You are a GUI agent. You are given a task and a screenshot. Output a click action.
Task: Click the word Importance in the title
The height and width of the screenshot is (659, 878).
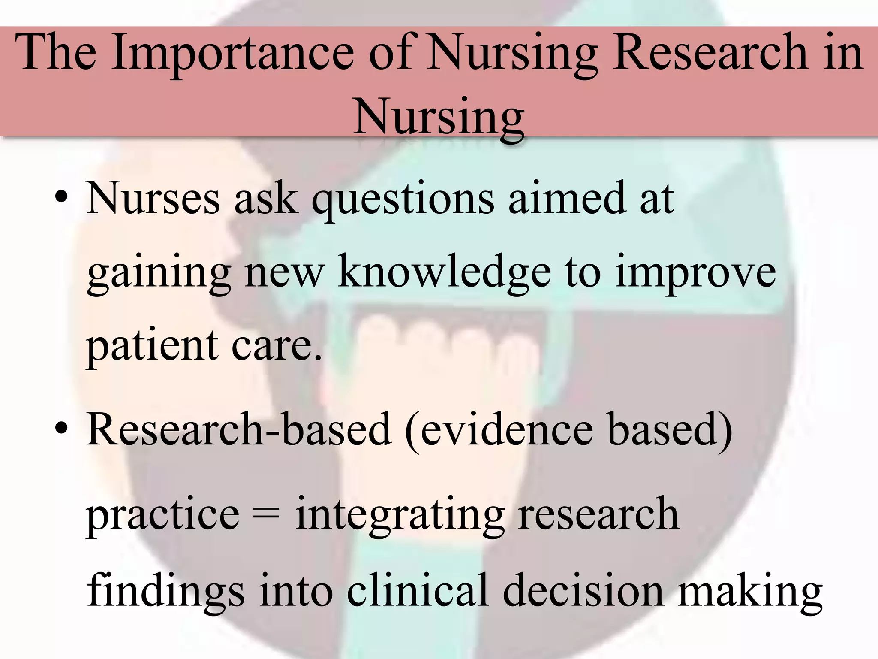click(x=232, y=54)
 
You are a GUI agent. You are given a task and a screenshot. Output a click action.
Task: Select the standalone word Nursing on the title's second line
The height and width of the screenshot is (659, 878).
click(x=439, y=117)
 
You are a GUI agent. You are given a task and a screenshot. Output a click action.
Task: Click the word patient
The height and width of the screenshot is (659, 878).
click(x=153, y=345)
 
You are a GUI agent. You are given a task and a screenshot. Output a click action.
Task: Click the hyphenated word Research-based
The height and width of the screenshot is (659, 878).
click(x=238, y=429)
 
